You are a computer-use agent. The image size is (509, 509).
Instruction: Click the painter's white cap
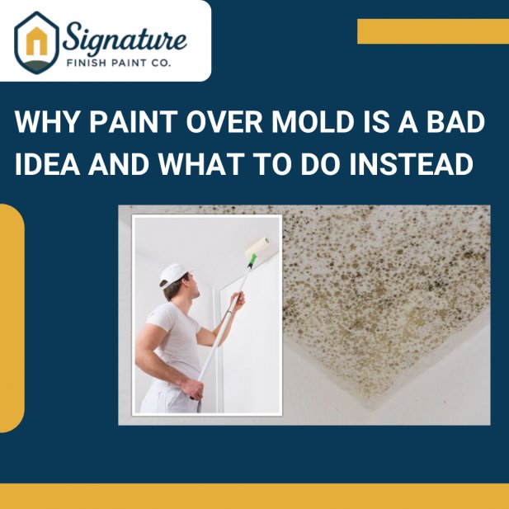[174, 273]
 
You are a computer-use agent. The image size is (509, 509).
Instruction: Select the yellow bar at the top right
[432, 31]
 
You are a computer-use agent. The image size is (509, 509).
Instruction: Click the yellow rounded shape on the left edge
[11, 318]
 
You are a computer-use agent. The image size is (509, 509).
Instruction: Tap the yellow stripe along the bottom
[254, 496]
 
